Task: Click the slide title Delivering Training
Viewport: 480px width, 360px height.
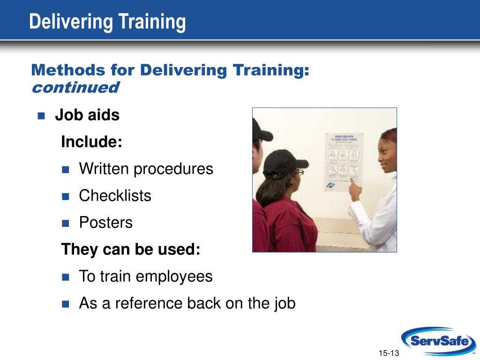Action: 107,22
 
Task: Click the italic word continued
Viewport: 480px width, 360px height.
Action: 75,87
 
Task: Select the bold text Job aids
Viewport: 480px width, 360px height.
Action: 87,115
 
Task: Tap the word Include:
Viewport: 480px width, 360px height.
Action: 92,142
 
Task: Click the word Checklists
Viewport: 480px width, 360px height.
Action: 115,195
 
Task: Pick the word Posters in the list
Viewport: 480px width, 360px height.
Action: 106,222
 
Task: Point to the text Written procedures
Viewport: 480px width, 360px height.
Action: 146,169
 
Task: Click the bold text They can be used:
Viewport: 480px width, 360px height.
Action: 131,249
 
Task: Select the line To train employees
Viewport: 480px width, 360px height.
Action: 145,276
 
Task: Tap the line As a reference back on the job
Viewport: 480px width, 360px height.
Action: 187,303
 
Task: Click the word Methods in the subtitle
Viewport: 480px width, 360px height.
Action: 68,70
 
